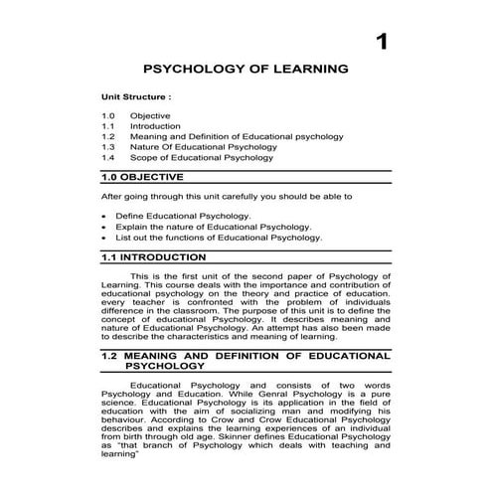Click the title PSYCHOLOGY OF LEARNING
click(x=246, y=72)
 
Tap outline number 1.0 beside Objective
click(x=108, y=117)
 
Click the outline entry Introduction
click(x=155, y=127)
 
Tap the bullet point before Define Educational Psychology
click(x=105, y=216)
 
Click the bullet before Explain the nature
click(x=105, y=227)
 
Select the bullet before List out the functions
click(x=105, y=238)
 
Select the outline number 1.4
click(x=108, y=158)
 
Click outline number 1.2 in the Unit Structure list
click(x=108, y=137)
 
